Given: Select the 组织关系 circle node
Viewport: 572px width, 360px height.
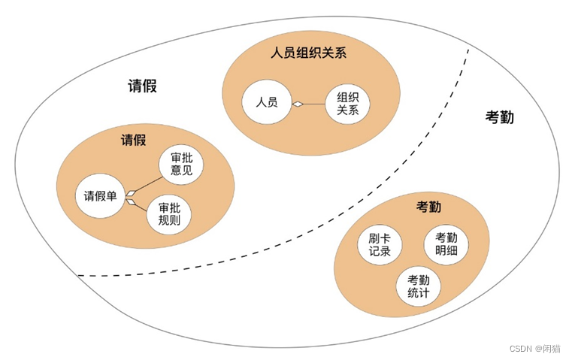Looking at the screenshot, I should coord(348,104).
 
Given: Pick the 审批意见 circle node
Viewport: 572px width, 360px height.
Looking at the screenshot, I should coord(181,165).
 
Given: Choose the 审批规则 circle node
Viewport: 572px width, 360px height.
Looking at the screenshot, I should coord(168,216).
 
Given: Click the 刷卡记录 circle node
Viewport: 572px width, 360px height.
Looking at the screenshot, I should coord(380,245).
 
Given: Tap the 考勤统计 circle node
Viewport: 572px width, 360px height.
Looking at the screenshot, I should coord(419,286).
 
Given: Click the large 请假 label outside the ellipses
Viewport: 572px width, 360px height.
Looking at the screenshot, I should coord(142,85).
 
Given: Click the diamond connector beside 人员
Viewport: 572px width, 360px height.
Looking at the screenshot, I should coord(297,103).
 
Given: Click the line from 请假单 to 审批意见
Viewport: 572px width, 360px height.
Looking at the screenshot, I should coord(147,184).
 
